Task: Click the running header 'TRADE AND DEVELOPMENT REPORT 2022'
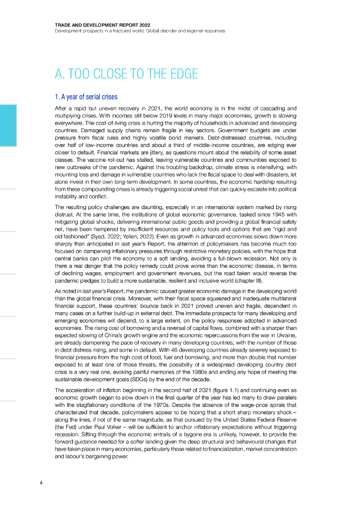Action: pyautogui.click(x=103, y=24)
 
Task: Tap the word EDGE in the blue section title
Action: pyautogui.click(x=182, y=74)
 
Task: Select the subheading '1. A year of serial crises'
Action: pyautogui.click(x=86, y=97)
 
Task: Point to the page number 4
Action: pyautogui.click(x=41, y=482)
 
